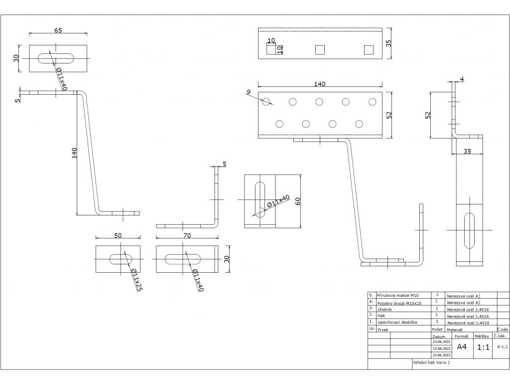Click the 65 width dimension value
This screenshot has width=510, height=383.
(58, 30)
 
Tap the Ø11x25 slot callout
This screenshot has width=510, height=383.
(136, 279)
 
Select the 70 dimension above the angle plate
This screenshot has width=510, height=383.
(187, 235)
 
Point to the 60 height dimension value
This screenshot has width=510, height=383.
(298, 201)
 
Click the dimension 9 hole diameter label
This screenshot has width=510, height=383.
(249, 92)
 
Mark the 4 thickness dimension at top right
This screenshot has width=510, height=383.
(462, 79)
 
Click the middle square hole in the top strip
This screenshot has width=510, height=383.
(320, 50)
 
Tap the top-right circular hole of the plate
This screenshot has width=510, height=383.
(373, 102)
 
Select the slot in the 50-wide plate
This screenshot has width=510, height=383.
(121, 259)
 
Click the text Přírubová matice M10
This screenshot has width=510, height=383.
(397, 296)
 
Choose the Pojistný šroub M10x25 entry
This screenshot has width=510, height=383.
(399, 303)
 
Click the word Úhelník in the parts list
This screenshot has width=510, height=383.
(385, 309)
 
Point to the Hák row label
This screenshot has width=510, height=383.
(381, 316)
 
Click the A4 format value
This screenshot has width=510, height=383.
(462, 347)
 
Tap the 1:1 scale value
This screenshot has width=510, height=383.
(483, 347)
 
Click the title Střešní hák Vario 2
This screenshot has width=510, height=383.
(432, 363)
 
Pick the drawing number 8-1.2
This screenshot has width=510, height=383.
(502, 347)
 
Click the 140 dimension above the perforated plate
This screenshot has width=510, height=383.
(320, 84)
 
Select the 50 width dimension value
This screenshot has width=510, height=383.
(118, 235)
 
